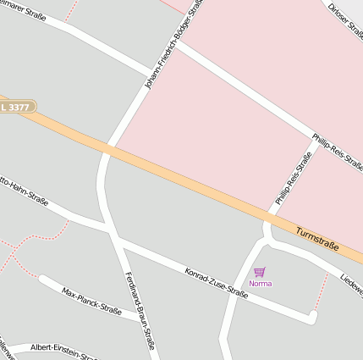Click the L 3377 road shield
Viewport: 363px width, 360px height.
pos(16,107)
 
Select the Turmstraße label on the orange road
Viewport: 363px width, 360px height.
pos(317,239)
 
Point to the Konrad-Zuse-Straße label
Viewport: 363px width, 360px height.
pos(216,283)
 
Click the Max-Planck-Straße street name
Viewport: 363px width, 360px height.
pos(92,302)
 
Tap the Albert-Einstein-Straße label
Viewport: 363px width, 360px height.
pos(63,349)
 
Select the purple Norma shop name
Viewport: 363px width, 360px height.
pos(261,284)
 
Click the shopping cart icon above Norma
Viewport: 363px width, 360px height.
pos(260,272)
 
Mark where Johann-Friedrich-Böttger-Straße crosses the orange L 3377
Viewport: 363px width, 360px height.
pos(107,150)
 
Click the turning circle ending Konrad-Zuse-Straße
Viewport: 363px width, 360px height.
pos(312,317)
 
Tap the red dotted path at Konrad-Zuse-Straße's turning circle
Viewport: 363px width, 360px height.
pos(322,292)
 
